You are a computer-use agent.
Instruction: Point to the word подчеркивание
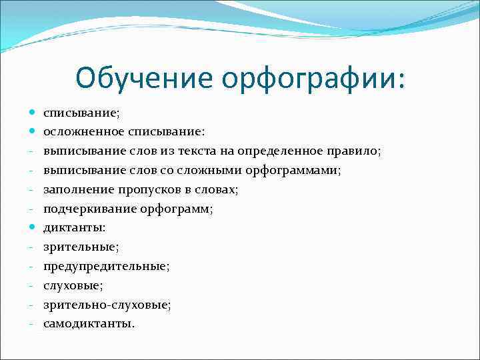pos(89,209)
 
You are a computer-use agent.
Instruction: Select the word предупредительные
pos(106,267)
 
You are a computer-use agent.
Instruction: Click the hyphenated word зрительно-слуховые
pos(107,305)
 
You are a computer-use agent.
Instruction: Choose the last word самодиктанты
pos(89,324)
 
